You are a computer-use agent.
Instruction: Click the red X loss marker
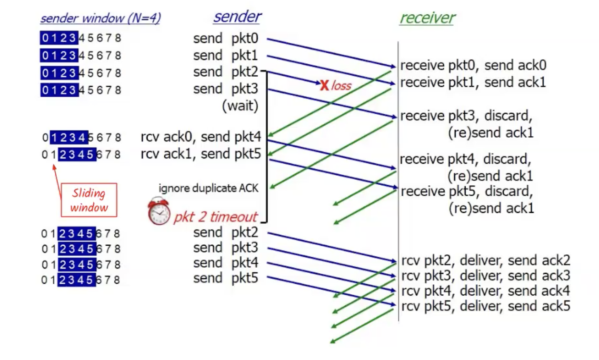click(x=324, y=86)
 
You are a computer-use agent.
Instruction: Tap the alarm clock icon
click(x=159, y=212)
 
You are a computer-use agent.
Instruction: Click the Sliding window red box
click(x=89, y=200)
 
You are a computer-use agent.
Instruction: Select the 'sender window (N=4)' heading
click(x=100, y=19)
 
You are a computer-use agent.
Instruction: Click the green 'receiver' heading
click(x=427, y=18)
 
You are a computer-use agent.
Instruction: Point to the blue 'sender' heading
click(x=237, y=17)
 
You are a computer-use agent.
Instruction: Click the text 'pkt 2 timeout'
click(x=215, y=218)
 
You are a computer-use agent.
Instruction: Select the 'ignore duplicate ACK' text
click(x=209, y=188)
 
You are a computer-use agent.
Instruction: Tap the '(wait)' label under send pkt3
click(x=240, y=106)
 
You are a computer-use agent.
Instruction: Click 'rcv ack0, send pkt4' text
click(x=201, y=138)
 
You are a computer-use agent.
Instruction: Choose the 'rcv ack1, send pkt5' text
click(x=201, y=154)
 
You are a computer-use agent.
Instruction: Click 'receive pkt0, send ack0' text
click(x=473, y=65)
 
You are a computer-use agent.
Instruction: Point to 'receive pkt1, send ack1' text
click(x=473, y=82)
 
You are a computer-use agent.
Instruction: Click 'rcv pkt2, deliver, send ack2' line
click(x=486, y=260)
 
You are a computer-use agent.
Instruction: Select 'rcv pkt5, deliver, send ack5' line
click(x=486, y=306)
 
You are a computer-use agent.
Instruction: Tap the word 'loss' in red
click(x=341, y=86)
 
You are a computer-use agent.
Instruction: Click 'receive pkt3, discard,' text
click(x=466, y=116)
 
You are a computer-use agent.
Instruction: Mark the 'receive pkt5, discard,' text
click(x=466, y=191)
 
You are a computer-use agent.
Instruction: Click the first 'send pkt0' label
click(x=226, y=38)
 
